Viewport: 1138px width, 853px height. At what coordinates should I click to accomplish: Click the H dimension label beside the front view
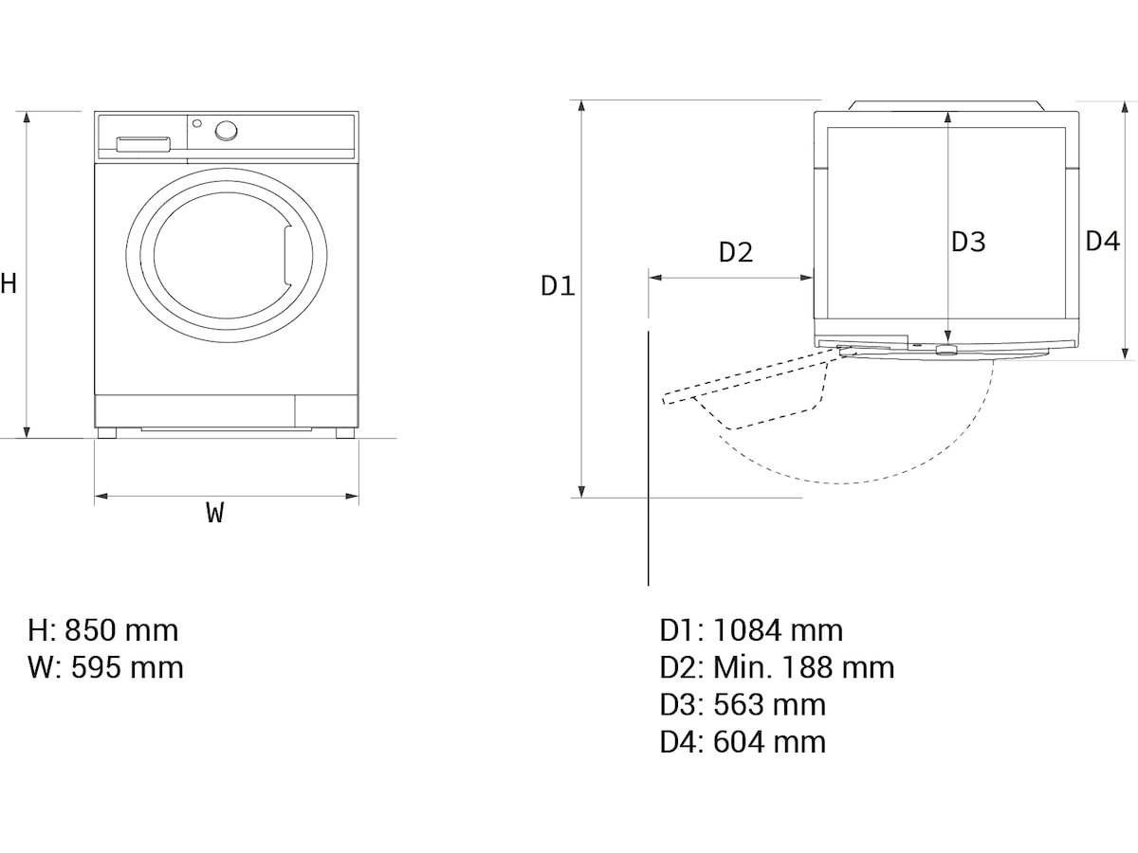9,283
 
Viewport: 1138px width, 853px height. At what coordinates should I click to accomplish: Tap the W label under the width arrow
215,513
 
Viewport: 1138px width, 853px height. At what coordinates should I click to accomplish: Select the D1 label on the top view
558,286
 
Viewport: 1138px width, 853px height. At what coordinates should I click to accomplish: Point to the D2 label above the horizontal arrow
736,252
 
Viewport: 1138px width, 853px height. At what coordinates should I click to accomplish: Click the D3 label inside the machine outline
968,242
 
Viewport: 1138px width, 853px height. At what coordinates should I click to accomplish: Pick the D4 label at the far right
1103,242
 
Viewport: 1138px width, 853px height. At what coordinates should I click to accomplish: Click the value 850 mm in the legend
121,630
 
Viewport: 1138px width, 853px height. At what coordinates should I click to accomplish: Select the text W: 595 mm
106,667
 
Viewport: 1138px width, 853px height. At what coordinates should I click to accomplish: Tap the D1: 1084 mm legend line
751,630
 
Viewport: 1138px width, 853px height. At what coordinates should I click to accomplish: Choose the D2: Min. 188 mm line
777,667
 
